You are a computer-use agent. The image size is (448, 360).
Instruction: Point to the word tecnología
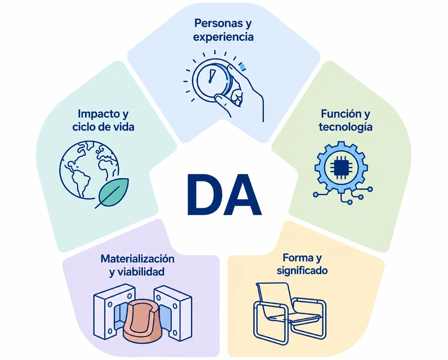(x=346, y=127)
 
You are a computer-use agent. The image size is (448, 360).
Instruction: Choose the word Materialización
(x=138, y=259)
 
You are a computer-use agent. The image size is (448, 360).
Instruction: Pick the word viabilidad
(x=141, y=272)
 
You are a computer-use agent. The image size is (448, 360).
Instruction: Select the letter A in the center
(x=241, y=194)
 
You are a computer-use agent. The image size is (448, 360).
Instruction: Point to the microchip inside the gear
(x=341, y=168)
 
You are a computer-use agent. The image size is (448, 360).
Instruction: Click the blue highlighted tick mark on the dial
(x=242, y=67)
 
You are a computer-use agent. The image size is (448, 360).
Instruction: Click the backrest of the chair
(x=275, y=300)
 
